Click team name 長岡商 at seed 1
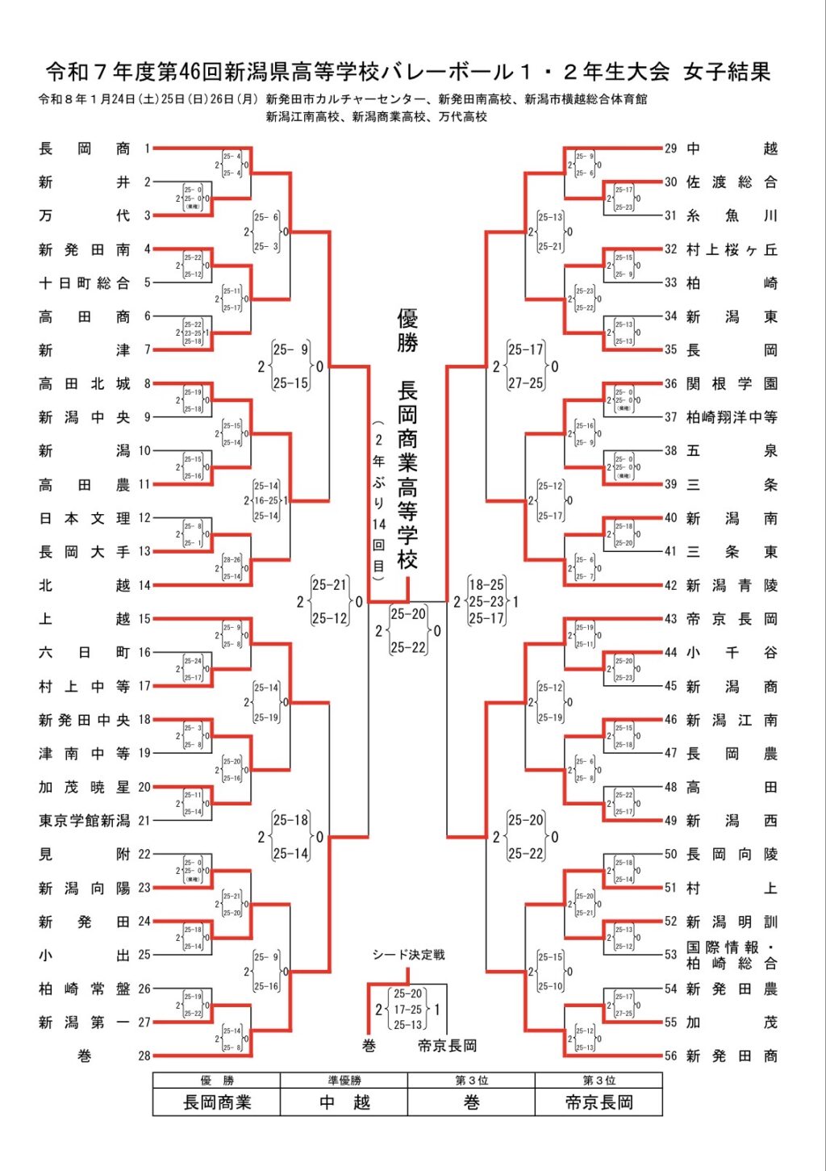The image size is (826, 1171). (x=84, y=148)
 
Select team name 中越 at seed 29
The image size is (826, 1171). (x=732, y=148)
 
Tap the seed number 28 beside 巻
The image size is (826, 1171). (x=144, y=1056)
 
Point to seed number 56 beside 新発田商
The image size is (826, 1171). (x=671, y=1056)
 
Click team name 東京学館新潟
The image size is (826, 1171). (x=84, y=821)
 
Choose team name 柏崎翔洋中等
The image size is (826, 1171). (x=732, y=417)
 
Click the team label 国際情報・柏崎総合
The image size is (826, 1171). (x=732, y=955)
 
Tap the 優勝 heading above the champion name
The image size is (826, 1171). (x=407, y=330)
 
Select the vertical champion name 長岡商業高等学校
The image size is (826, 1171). (x=407, y=476)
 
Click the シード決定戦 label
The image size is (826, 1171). (x=408, y=955)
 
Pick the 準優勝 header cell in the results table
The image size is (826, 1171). (x=344, y=1081)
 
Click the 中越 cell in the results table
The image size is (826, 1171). (x=344, y=1102)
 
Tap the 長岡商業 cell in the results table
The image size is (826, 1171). (x=217, y=1102)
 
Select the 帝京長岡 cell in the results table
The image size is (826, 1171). (x=599, y=1102)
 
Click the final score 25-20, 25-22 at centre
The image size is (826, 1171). (x=408, y=630)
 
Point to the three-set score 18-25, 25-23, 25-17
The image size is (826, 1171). (x=486, y=601)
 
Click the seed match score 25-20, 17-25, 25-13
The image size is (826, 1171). (x=407, y=1009)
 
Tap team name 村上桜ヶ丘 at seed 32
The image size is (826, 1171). (x=732, y=249)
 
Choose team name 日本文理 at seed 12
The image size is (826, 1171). (x=84, y=518)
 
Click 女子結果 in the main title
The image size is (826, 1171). (x=727, y=72)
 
